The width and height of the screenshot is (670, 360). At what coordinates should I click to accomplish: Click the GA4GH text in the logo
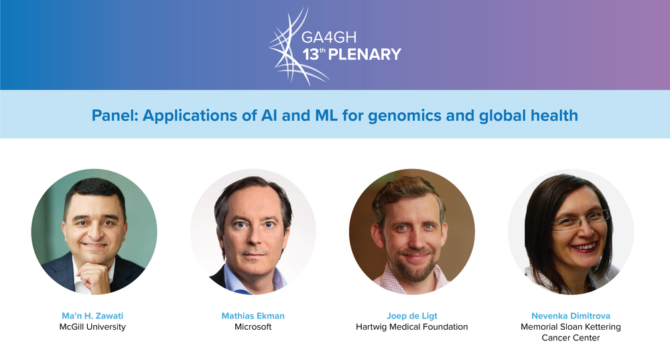tap(328, 38)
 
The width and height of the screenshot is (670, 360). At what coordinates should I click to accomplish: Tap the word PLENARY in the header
tap(364, 54)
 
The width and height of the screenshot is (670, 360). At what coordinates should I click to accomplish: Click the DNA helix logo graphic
tap(295, 46)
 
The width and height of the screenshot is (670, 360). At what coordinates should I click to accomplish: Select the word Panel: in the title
tap(115, 115)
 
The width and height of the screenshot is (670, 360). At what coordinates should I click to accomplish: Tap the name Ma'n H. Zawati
tap(92, 316)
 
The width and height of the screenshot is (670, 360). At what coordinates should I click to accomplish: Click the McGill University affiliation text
tap(92, 327)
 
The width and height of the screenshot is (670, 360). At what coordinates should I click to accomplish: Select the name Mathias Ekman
tap(253, 316)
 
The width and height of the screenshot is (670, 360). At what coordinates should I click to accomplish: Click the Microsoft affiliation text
tap(253, 327)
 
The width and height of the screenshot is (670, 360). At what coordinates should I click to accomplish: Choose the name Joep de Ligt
tap(412, 316)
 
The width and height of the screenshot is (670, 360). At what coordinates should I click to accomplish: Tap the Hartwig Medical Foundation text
tap(412, 327)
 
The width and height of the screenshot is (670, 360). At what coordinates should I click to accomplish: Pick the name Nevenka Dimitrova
tap(571, 316)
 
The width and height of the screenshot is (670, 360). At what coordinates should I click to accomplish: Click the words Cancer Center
tap(571, 338)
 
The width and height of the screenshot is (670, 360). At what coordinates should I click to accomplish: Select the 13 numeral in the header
tap(311, 55)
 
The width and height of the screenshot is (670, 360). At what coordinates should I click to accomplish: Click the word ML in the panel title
tap(326, 115)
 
